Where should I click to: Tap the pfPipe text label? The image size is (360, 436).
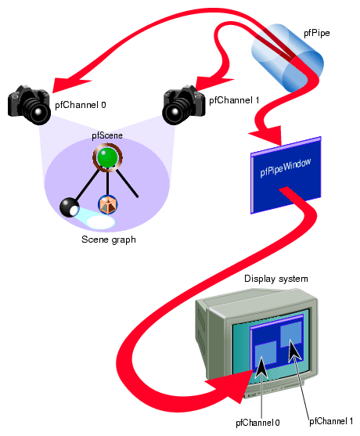pyautogui.click(x=318, y=34)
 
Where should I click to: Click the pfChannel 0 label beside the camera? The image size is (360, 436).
pyautogui.click(x=81, y=103)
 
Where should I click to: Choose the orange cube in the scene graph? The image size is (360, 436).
pyautogui.click(x=107, y=204)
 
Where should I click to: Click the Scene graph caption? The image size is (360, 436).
pyautogui.click(x=108, y=240)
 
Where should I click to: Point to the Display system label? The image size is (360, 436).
pyautogui.click(x=275, y=279)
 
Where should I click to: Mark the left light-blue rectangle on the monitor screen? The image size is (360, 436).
pyautogui.click(x=266, y=355)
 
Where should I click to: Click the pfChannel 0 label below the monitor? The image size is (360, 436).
pyautogui.click(x=257, y=423)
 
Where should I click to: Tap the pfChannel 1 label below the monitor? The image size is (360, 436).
pyautogui.click(x=332, y=420)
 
